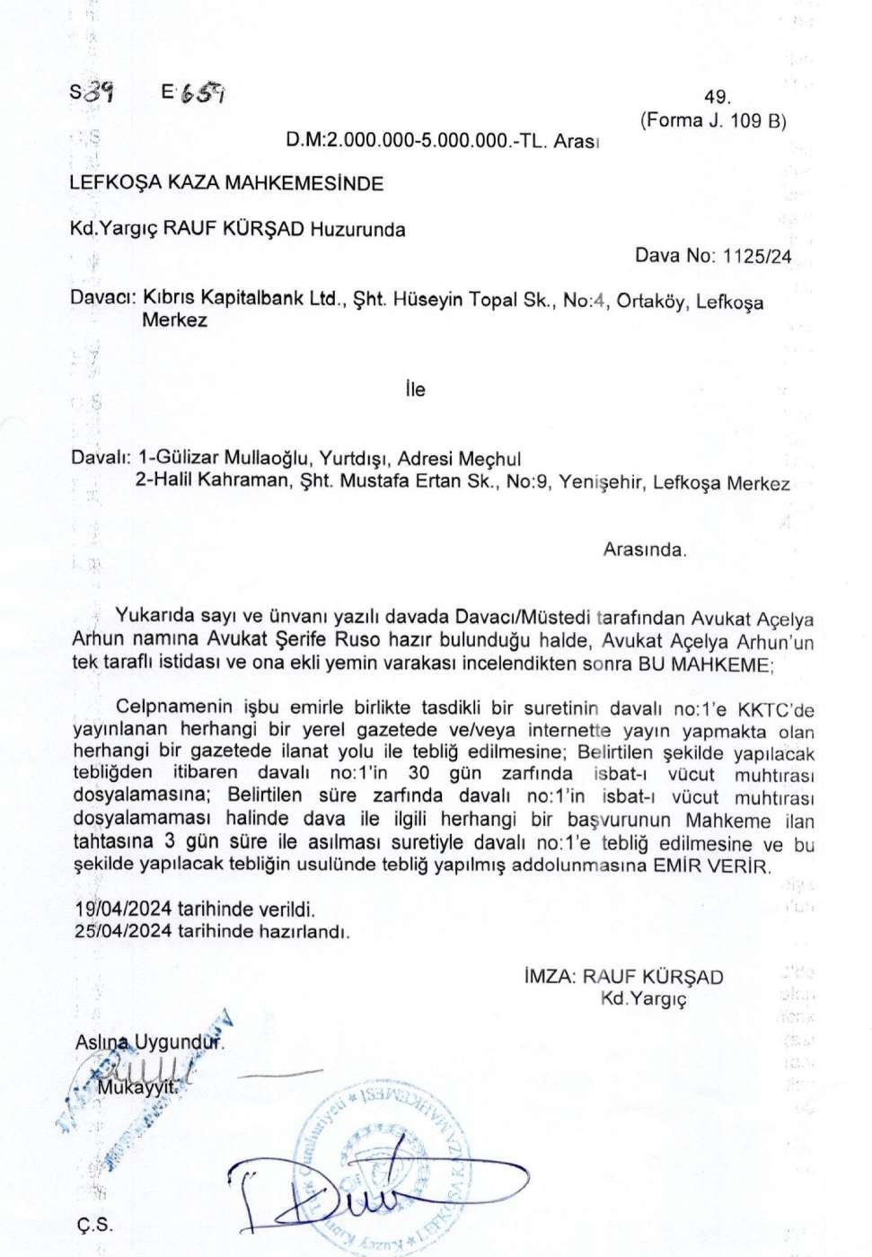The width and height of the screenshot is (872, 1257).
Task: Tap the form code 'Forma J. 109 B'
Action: (x=713, y=120)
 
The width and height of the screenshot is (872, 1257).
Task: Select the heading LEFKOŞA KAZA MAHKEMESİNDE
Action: (x=226, y=183)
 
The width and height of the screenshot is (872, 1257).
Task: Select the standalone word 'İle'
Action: (x=414, y=390)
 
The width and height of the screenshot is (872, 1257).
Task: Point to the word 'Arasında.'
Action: (x=644, y=549)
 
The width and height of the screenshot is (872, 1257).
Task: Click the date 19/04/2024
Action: (x=124, y=910)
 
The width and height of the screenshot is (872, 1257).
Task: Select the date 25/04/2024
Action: (x=124, y=931)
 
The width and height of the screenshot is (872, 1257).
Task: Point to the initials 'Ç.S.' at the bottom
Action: (x=94, y=1226)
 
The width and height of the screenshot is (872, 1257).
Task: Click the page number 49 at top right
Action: (x=718, y=97)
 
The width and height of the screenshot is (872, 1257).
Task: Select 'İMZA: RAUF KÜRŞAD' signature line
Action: (x=623, y=977)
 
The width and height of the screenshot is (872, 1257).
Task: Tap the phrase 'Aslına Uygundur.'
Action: (x=149, y=1042)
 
